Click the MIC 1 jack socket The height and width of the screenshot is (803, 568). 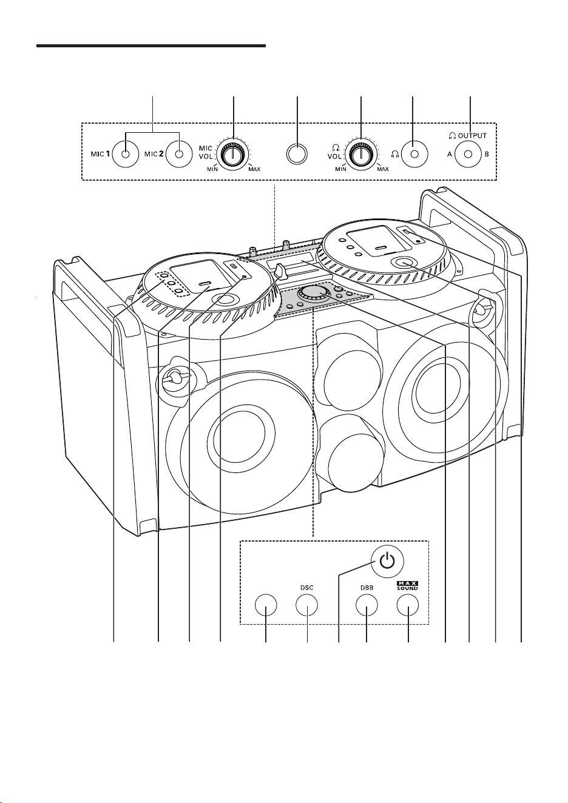click(125, 154)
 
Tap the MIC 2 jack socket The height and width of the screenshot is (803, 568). click(179, 154)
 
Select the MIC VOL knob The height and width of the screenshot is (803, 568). click(233, 154)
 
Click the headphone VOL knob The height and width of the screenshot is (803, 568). click(360, 154)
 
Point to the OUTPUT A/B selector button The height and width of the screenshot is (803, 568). click(468, 154)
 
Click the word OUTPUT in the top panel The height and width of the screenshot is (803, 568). click(472, 135)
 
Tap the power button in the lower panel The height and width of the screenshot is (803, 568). click(387, 562)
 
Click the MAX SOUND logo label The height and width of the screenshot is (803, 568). click(407, 586)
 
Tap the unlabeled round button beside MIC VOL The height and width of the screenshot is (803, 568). click(297, 154)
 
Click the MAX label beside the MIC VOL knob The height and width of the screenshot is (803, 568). click(254, 169)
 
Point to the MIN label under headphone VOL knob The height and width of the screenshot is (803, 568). click(340, 169)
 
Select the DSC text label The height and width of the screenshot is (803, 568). click(306, 588)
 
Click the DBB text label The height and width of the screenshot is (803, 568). click(367, 588)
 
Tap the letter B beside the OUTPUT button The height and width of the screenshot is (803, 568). click(487, 155)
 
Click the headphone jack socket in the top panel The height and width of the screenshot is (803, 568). click(414, 154)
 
